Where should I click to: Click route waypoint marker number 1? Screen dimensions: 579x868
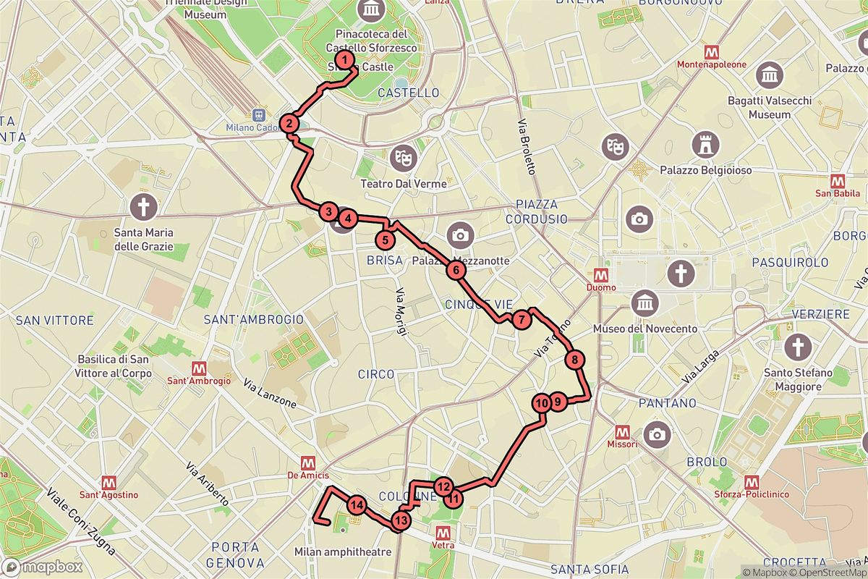346,60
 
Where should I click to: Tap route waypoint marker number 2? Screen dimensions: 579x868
289,123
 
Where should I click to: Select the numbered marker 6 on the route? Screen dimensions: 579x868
456,271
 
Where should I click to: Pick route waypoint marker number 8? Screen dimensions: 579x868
573,359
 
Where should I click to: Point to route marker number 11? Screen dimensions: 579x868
454,498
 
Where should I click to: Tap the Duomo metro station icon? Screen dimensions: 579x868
600,275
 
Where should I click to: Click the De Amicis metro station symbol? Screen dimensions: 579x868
309,462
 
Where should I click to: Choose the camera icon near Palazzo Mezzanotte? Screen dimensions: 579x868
459,234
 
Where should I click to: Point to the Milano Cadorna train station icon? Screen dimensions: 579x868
258,115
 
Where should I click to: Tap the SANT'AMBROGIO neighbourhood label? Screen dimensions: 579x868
253,319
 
